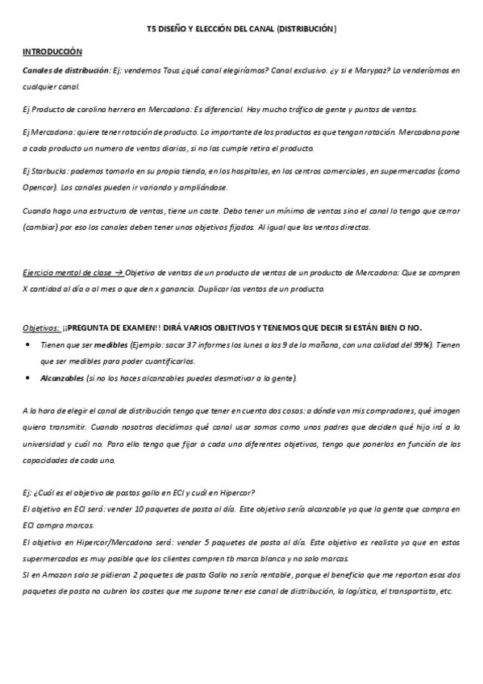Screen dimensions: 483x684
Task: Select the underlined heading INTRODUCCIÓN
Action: point(52,50)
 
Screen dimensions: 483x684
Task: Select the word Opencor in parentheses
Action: point(38,186)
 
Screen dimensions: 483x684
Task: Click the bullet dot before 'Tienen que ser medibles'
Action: point(30,344)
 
